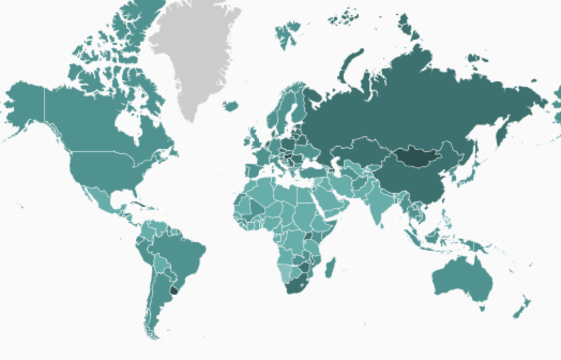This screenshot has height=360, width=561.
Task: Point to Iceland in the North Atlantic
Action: pyautogui.click(x=231, y=106)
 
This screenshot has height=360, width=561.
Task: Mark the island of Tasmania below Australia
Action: pyautogui.click(x=482, y=307)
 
